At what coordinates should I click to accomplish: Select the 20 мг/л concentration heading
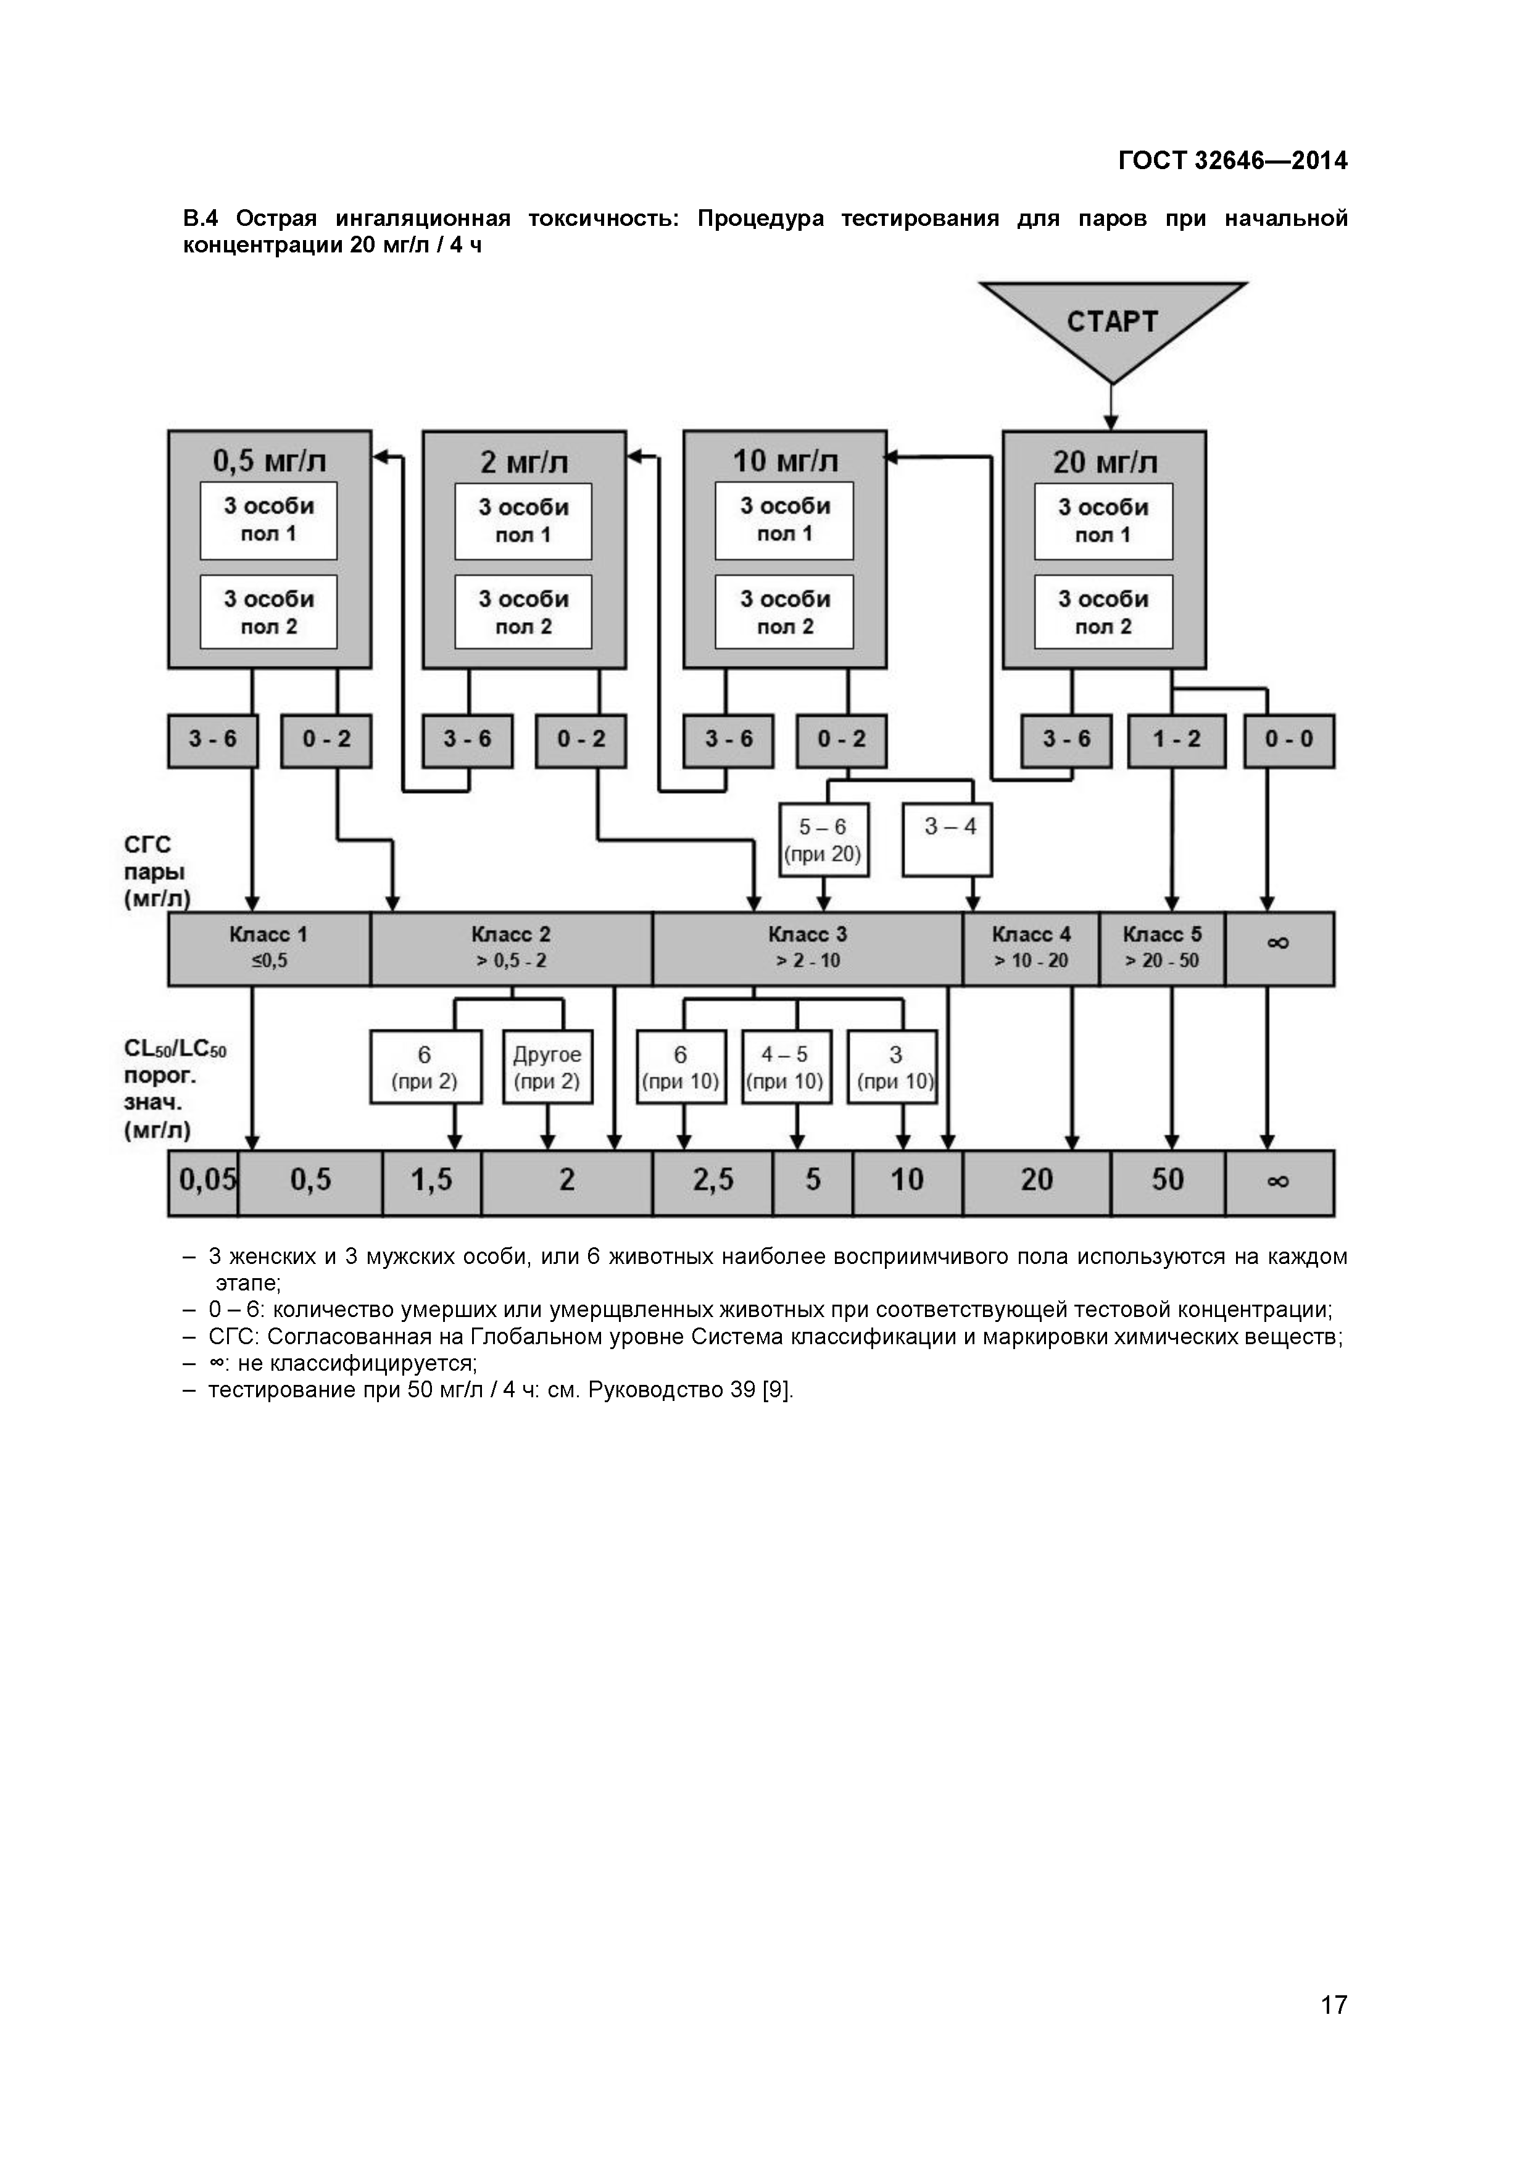[1104, 462]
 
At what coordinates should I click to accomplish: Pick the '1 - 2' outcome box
[1177, 739]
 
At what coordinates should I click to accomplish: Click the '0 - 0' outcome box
[1288, 739]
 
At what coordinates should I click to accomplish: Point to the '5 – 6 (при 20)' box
[823, 840]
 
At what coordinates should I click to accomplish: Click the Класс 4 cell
[1031, 948]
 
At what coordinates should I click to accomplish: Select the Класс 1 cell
[268, 948]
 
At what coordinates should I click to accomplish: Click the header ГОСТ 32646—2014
[1232, 161]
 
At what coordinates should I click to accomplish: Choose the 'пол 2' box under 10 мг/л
[784, 612]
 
